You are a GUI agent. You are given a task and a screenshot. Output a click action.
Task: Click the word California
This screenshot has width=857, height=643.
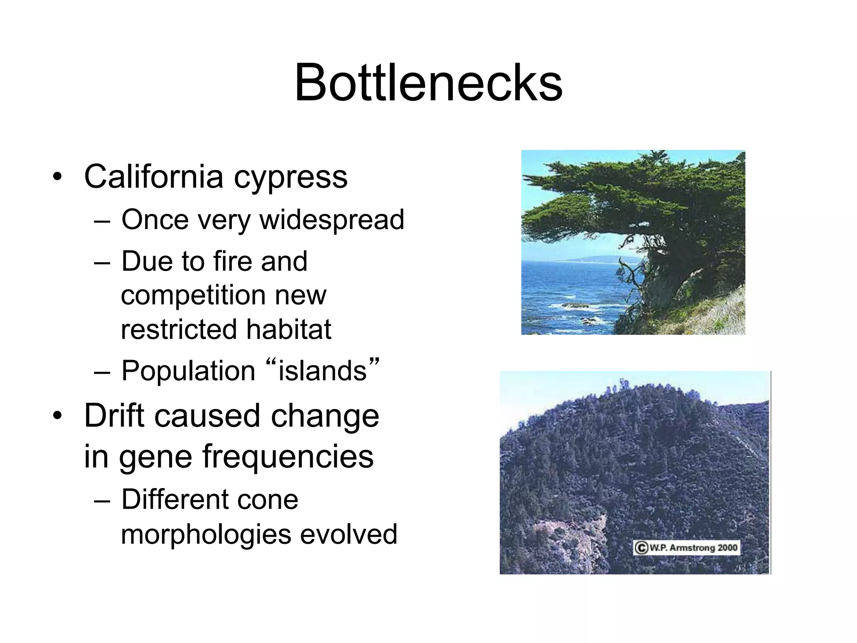(154, 176)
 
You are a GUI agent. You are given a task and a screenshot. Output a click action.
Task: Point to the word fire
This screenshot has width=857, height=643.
(232, 261)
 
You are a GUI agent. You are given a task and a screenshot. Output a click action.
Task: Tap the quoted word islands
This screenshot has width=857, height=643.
(322, 371)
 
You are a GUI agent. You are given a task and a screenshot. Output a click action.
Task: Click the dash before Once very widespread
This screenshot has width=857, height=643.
(102, 221)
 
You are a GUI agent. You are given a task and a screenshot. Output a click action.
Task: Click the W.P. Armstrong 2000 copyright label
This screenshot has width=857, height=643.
(686, 548)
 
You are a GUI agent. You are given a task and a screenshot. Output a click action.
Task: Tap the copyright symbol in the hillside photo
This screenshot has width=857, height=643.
(641, 548)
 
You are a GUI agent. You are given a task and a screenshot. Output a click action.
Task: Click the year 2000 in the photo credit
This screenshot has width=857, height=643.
(727, 548)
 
